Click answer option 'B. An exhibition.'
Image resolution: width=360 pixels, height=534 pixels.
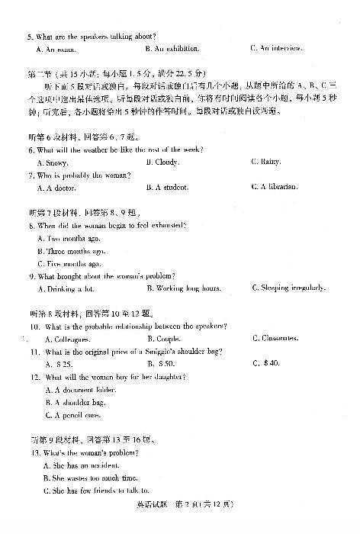172,49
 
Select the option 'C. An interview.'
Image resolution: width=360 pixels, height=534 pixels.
275,49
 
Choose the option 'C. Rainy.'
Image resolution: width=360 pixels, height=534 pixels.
266,162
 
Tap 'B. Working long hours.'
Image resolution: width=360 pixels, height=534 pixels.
184,288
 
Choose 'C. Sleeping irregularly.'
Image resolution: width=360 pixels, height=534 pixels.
288,288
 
